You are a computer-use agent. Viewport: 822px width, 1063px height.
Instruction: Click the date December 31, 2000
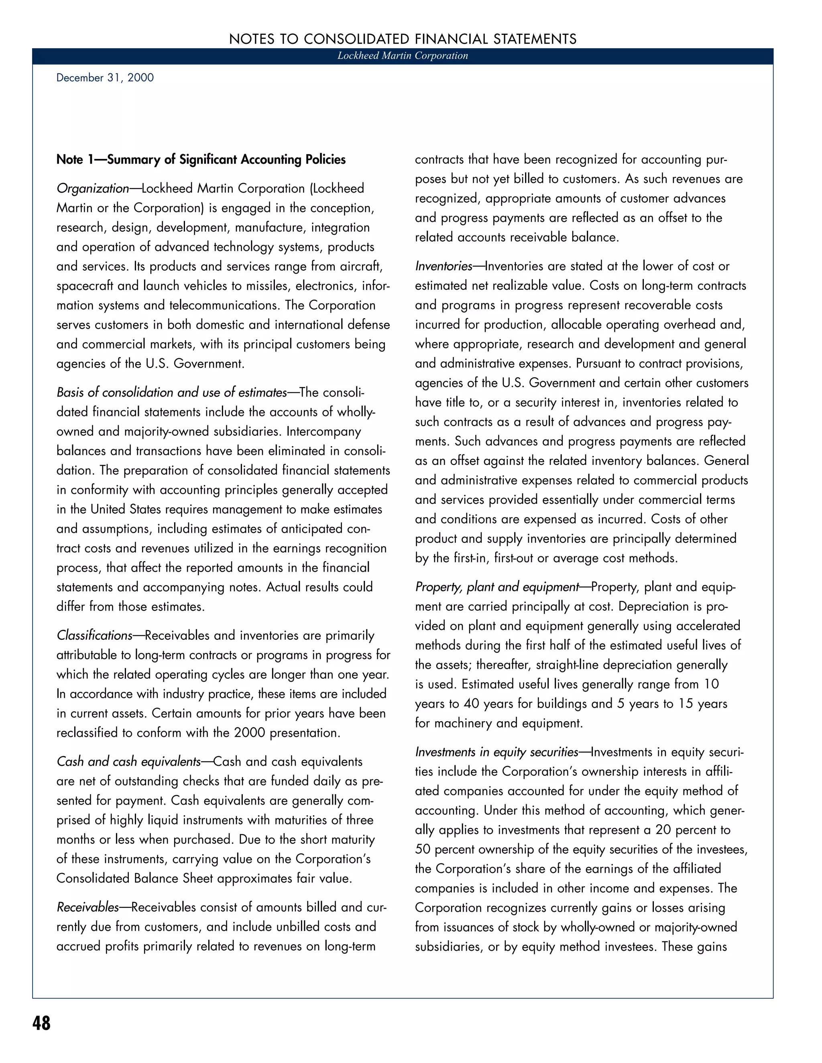point(105,78)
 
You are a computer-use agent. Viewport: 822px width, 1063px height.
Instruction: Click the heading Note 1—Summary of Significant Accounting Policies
point(201,160)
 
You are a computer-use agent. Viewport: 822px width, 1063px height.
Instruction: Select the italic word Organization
point(93,189)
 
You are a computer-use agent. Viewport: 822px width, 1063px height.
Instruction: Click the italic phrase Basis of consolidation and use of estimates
point(171,393)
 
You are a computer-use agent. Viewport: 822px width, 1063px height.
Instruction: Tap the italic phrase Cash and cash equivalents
point(128,762)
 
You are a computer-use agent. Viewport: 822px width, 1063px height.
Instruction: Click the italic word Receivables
point(87,907)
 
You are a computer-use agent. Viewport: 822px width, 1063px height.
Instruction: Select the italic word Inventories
point(444,266)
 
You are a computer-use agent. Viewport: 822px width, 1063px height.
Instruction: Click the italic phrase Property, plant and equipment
point(497,587)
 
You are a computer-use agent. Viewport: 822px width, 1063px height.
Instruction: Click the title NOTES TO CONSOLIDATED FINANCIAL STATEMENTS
point(403,39)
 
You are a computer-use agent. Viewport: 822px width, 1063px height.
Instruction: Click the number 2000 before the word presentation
point(249,732)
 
